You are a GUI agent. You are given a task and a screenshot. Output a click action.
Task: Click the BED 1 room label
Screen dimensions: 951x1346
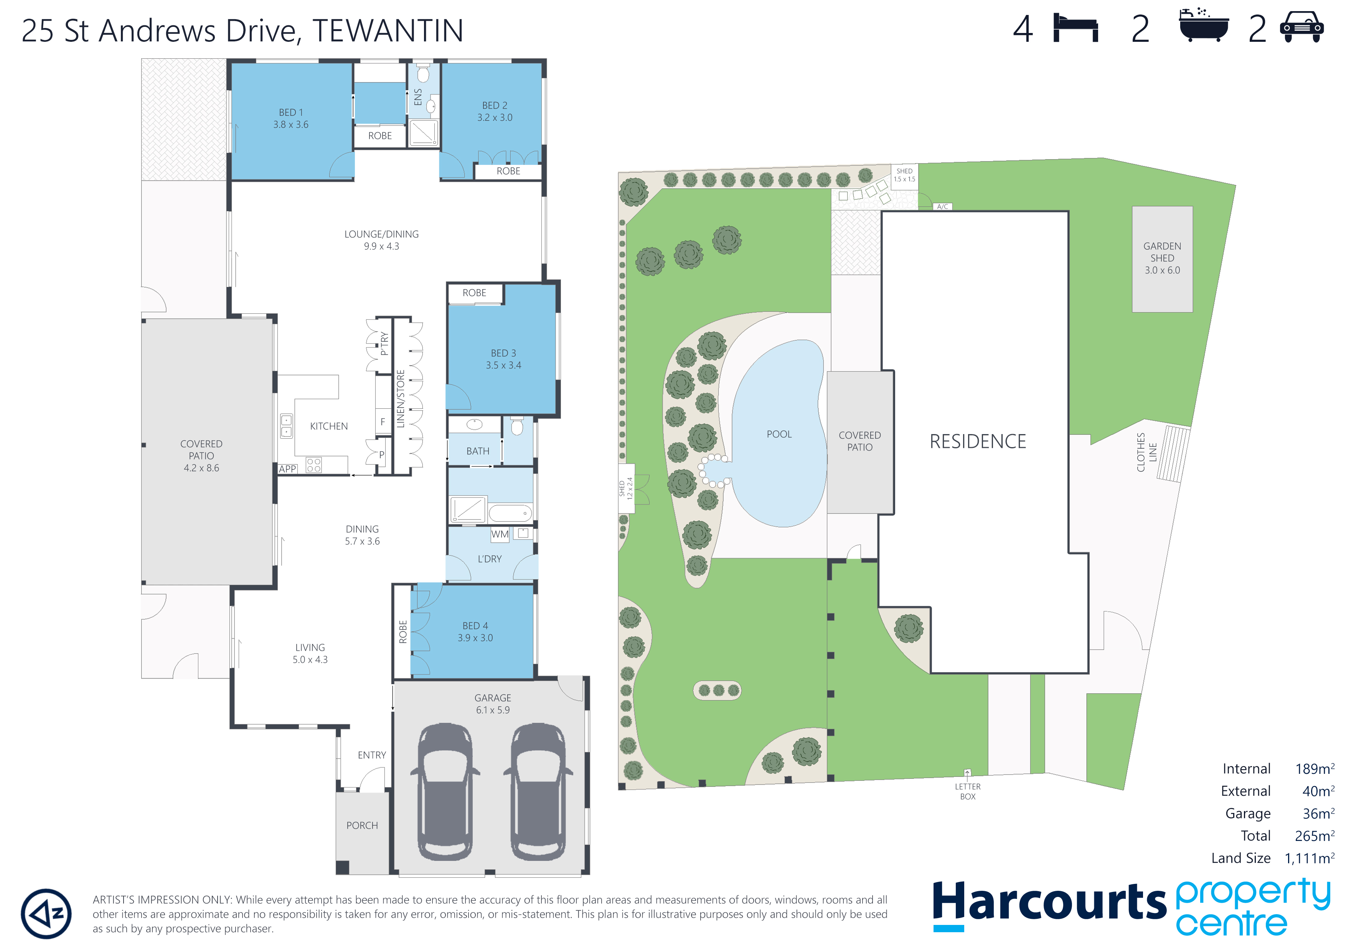(291, 112)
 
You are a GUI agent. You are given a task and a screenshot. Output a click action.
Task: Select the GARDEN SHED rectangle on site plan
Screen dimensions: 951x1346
(1162, 258)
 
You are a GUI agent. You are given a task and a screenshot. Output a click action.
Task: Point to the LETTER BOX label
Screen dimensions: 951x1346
(967, 791)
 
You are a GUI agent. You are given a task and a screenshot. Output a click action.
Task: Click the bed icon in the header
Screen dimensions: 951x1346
(1075, 28)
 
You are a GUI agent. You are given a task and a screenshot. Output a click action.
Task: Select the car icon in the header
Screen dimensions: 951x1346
(1301, 28)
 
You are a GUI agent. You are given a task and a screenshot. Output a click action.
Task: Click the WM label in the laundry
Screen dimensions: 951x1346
(500, 535)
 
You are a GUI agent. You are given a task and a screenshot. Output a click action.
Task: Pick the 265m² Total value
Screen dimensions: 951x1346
(1314, 836)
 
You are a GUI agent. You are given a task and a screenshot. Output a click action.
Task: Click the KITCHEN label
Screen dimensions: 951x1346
(328, 426)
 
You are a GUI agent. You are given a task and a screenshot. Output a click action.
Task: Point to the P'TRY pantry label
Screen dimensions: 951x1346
(384, 344)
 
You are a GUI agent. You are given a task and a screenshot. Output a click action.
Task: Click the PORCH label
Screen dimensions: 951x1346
(362, 826)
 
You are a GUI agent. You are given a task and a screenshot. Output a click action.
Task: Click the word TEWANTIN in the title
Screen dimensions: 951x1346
(388, 31)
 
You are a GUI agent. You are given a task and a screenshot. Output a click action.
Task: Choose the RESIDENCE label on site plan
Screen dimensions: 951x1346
(977, 442)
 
